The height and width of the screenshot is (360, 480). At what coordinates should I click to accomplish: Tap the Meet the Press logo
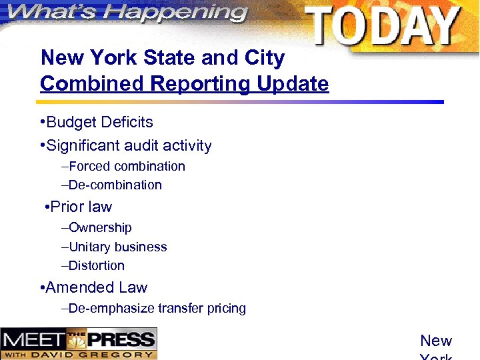click(x=79, y=343)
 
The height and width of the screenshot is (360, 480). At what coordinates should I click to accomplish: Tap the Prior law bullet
click(x=81, y=207)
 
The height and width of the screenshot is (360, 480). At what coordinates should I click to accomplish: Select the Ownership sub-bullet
click(x=99, y=228)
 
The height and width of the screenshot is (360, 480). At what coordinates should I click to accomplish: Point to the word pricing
click(x=224, y=309)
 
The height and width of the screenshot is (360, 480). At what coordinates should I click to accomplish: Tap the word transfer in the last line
click(x=178, y=309)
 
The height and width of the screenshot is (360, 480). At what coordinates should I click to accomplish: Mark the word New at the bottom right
click(x=436, y=341)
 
